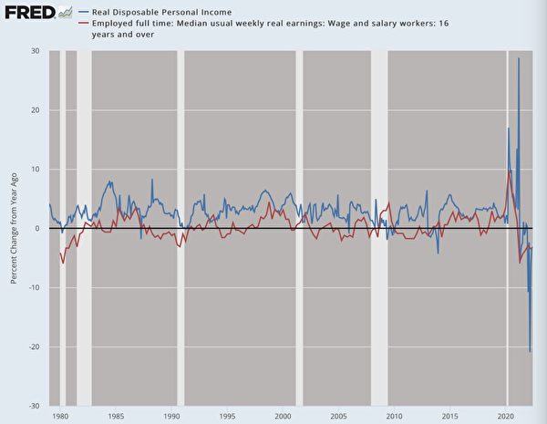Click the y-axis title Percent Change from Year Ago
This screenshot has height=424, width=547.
point(15,228)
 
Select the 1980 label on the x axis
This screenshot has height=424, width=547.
point(60,417)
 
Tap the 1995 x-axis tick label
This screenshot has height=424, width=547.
point(228,417)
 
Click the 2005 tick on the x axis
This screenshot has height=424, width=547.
point(338,417)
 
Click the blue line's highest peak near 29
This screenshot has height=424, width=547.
point(519,58)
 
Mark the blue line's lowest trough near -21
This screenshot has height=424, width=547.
point(530,351)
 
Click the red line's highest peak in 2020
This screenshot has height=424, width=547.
point(510,171)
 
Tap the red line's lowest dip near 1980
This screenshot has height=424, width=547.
point(62,264)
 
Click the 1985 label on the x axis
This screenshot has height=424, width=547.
point(116,417)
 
